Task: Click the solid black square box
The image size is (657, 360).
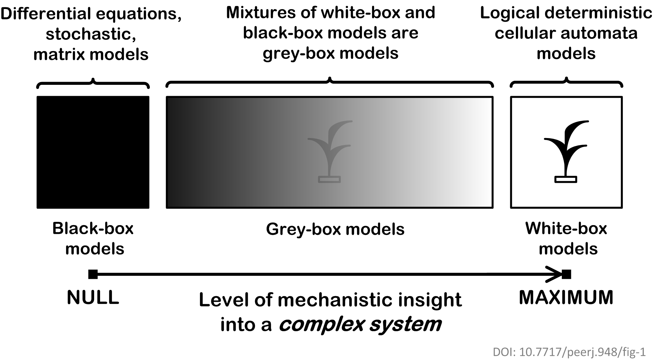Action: click(x=93, y=152)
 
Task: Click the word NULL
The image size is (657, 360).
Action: click(x=93, y=297)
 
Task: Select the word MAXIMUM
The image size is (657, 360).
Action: click(x=566, y=297)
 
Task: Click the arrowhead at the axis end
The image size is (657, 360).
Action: click(x=555, y=274)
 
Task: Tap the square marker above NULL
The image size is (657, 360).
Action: click(x=93, y=274)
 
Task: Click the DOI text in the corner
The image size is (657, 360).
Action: click(x=569, y=352)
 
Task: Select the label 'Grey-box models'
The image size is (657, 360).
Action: click(x=335, y=229)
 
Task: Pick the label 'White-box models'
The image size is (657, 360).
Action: click(x=567, y=239)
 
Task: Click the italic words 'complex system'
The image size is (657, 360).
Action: click(x=360, y=324)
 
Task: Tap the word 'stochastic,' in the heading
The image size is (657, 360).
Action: click(x=91, y=34)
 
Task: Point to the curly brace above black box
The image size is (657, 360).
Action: click(x=93, y=83)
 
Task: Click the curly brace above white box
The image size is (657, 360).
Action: click(x=566, y=83)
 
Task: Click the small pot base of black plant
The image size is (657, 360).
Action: click(x=566, y=179)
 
